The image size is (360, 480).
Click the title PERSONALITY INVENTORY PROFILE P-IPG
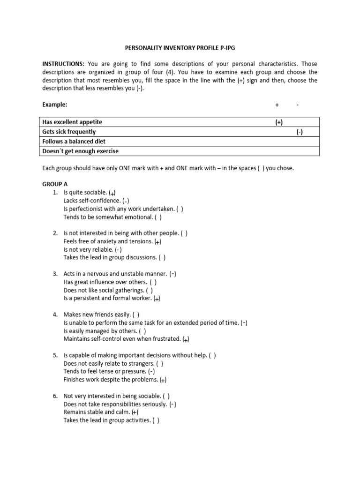pyautogui.click(x=180, y=48)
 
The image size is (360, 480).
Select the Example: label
pyautogui.click(x=55, y=105)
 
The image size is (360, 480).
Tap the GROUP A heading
pyautogui.click(x=55, y=184)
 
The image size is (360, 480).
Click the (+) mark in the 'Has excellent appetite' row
pyautogui.click(x=279, y=122)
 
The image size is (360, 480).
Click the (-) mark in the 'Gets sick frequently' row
pyautogui.click(x=300, y=132)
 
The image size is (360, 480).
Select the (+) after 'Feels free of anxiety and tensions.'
pyautogui.click(x=158, y=241)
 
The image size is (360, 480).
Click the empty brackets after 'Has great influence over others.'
pyautogui.click(x=153, y=282)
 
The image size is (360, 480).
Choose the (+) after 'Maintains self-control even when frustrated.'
pyautogui.click(x=186, y=339)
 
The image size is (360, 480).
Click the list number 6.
pyautogui.click(x=55, y=396)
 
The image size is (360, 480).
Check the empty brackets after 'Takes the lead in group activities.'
pyautogui.click(x=156, y=420)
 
